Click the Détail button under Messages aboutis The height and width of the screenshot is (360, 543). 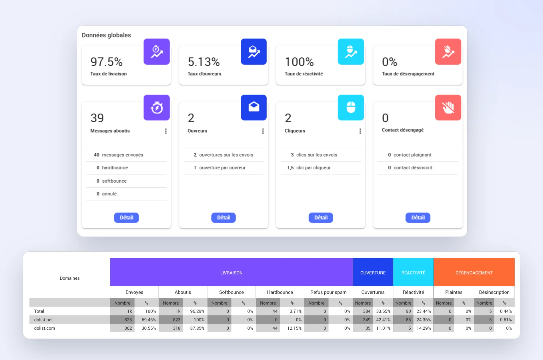(x=126, y=217)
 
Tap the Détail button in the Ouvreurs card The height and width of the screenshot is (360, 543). (x=223, y=217)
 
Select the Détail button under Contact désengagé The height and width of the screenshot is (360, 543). (x=418, y=217)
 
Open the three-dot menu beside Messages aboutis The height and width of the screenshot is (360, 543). (x=166, y=131)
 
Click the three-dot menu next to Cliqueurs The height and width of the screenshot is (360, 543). (x=360, y=131)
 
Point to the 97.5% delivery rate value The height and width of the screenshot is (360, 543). (x=106, y=62)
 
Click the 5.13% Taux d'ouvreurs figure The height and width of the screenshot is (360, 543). (x=204, y=62)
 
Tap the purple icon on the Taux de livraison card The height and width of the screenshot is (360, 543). (x=157, y=52)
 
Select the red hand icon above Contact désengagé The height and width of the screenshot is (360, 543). (x=448, y=107)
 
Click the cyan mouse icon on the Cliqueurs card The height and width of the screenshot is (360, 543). (x=351, y=107)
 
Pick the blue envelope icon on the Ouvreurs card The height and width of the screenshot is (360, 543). (x=254, y=107)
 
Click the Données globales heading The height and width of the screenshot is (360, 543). (x=106, y=35)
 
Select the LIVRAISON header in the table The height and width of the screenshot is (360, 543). (x=231, y=273)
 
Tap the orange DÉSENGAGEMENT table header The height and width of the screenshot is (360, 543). (x=474, y=273)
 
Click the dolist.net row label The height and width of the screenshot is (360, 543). (x=43, y=320)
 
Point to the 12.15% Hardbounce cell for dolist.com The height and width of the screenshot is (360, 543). (x=294, y=328)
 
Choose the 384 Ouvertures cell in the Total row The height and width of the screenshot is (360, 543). (x=367, y=311)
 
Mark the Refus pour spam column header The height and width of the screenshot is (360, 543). (x=328, y=292)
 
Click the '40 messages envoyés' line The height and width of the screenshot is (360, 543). (x=118, y=155)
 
